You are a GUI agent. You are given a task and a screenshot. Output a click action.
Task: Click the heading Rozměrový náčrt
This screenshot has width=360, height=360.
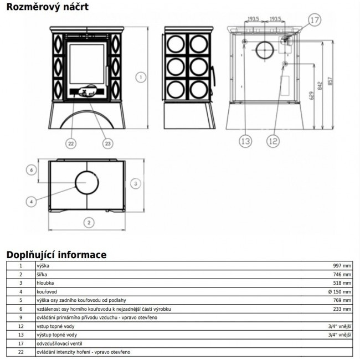41,7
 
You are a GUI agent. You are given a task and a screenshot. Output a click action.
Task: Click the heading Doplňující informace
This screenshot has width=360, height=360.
56,255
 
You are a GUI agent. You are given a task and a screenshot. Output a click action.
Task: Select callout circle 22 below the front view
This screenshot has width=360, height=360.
70,143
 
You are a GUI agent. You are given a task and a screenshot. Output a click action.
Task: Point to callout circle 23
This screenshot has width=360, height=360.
107,143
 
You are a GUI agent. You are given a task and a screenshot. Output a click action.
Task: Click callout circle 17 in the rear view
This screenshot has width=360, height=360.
314,21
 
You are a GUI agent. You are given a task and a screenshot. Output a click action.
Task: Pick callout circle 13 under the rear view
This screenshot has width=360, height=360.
246,141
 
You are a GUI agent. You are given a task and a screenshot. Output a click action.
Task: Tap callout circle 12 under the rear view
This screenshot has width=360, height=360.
272,141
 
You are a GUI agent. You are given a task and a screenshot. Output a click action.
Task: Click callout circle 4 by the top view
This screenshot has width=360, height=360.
32,201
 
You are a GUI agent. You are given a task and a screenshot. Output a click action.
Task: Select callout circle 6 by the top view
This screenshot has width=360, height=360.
32,169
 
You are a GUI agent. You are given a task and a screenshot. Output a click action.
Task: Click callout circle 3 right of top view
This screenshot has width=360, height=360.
134,183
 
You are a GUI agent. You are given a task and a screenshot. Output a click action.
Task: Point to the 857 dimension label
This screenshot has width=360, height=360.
331,80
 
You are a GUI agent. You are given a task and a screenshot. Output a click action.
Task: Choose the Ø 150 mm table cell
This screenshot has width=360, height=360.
339,291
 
